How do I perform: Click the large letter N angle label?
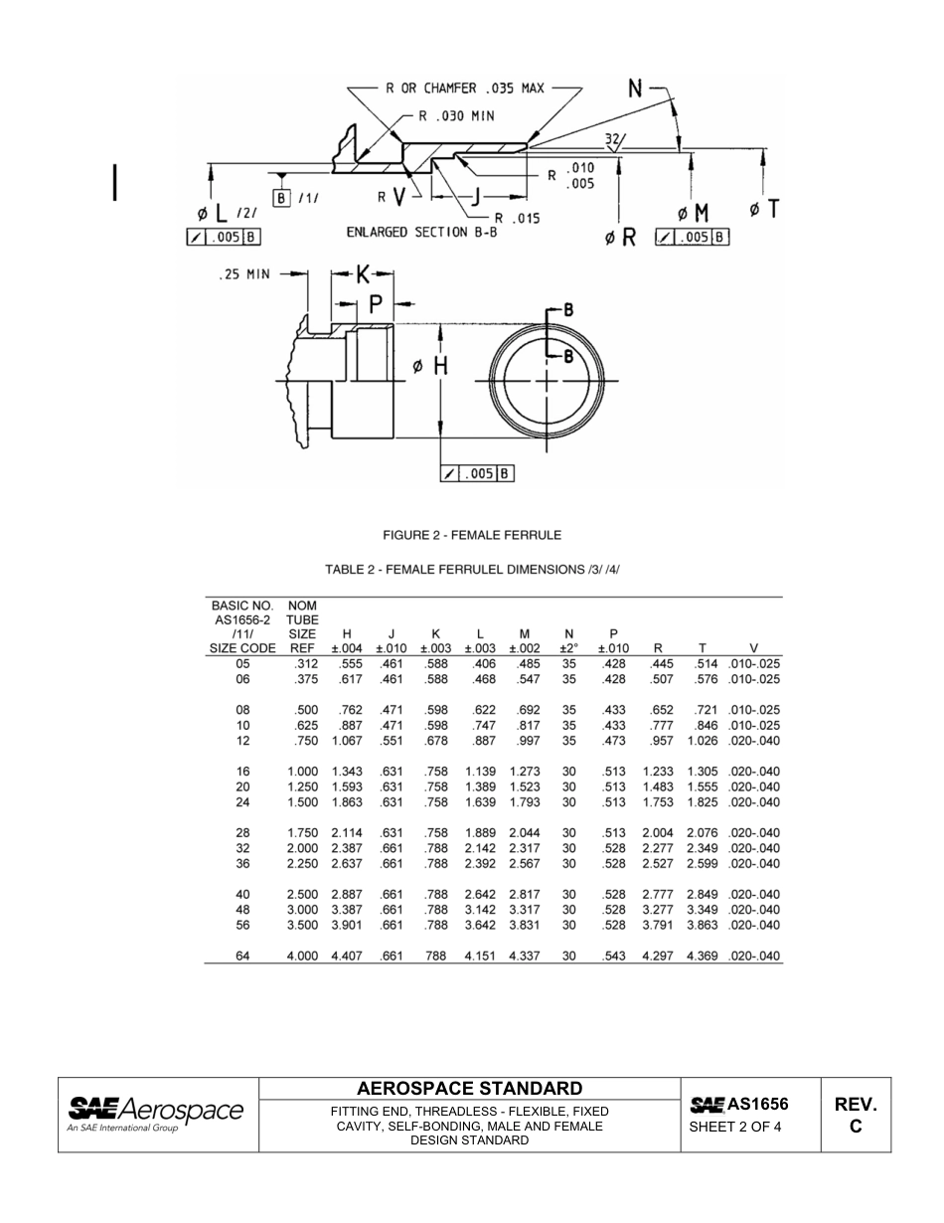pos(636,88)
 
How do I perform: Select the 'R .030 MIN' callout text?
pos(455,115)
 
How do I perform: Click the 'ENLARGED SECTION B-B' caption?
pos(420,232)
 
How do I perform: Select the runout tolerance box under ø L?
pos(223,237)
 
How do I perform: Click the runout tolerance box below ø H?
pos(477,474)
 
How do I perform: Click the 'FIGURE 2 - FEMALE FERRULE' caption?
pos(472,535)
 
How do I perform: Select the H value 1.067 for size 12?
pos(347,741)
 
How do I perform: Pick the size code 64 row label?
pos(242,957)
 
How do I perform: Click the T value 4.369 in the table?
pos(702,957)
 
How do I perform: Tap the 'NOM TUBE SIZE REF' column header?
pos(302,626)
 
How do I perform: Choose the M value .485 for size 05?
pos(524,664)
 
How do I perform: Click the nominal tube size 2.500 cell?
pos(302,895)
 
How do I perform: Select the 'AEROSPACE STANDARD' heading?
pos(469,1088)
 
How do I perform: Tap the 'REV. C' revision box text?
pos(856,1115)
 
